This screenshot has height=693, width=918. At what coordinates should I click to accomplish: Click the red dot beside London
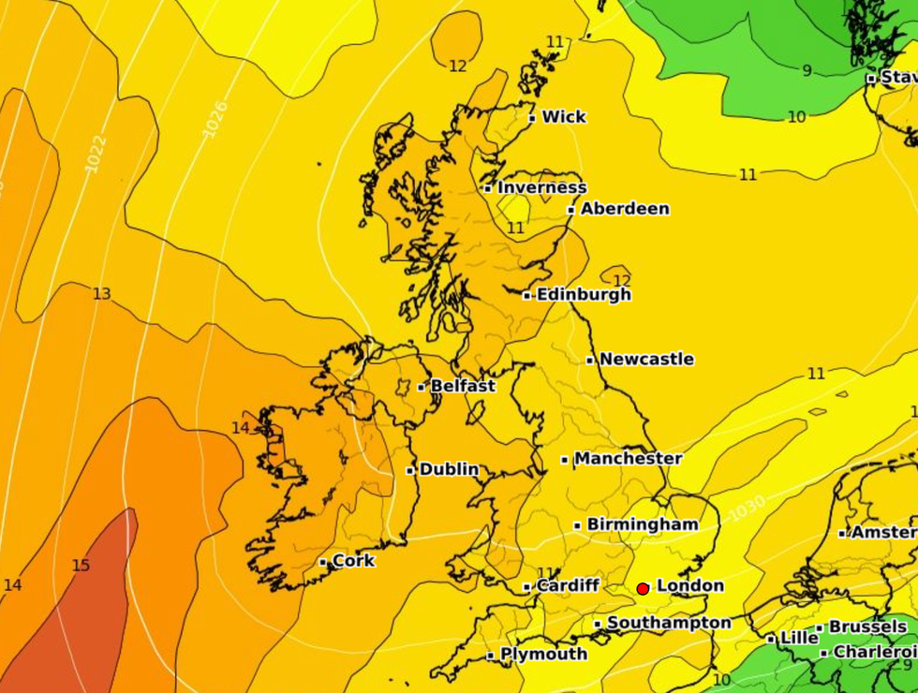tap(643, 588)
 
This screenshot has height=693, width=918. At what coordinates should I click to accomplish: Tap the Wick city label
tap(564, 117)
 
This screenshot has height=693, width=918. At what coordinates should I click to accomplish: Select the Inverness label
tap(541, 187)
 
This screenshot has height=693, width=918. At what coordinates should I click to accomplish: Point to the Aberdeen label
tap(625, 209)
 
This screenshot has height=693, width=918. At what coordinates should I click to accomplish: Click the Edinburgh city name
tap(584, 294)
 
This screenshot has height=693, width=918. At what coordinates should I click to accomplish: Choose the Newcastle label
tap(646, 359)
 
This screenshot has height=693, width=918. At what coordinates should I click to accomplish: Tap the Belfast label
tap(463, 385)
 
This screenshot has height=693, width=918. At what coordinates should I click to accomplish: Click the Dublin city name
tap(450, 469)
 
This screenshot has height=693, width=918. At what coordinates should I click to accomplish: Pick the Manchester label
tap(628, 459)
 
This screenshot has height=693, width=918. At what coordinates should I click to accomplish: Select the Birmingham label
tap(643, 524)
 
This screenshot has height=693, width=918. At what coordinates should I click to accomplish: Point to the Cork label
tap(354, 561)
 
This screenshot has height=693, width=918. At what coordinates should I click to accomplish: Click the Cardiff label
tap(568, 585)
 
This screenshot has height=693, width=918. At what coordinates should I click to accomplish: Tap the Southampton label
tap(669, 623)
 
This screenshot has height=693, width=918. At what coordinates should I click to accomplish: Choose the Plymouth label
tap(544, 654)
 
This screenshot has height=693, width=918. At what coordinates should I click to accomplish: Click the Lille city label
tap(799, 637)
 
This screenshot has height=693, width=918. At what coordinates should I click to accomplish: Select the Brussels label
tap(867, 627)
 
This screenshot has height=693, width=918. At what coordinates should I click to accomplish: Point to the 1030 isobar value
tap(747, 509)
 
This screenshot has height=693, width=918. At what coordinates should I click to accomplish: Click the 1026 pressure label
tap(215, 119)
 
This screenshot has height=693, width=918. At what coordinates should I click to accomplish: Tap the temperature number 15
tap(81, 566)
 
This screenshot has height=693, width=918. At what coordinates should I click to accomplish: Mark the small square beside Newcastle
tap(590, 360)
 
